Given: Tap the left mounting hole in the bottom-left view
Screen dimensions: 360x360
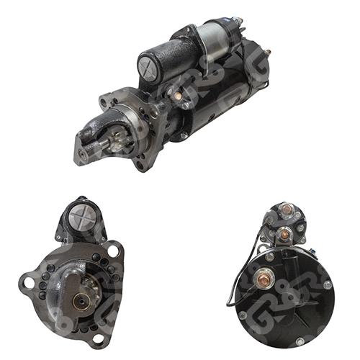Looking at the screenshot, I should (x=30, y=282).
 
